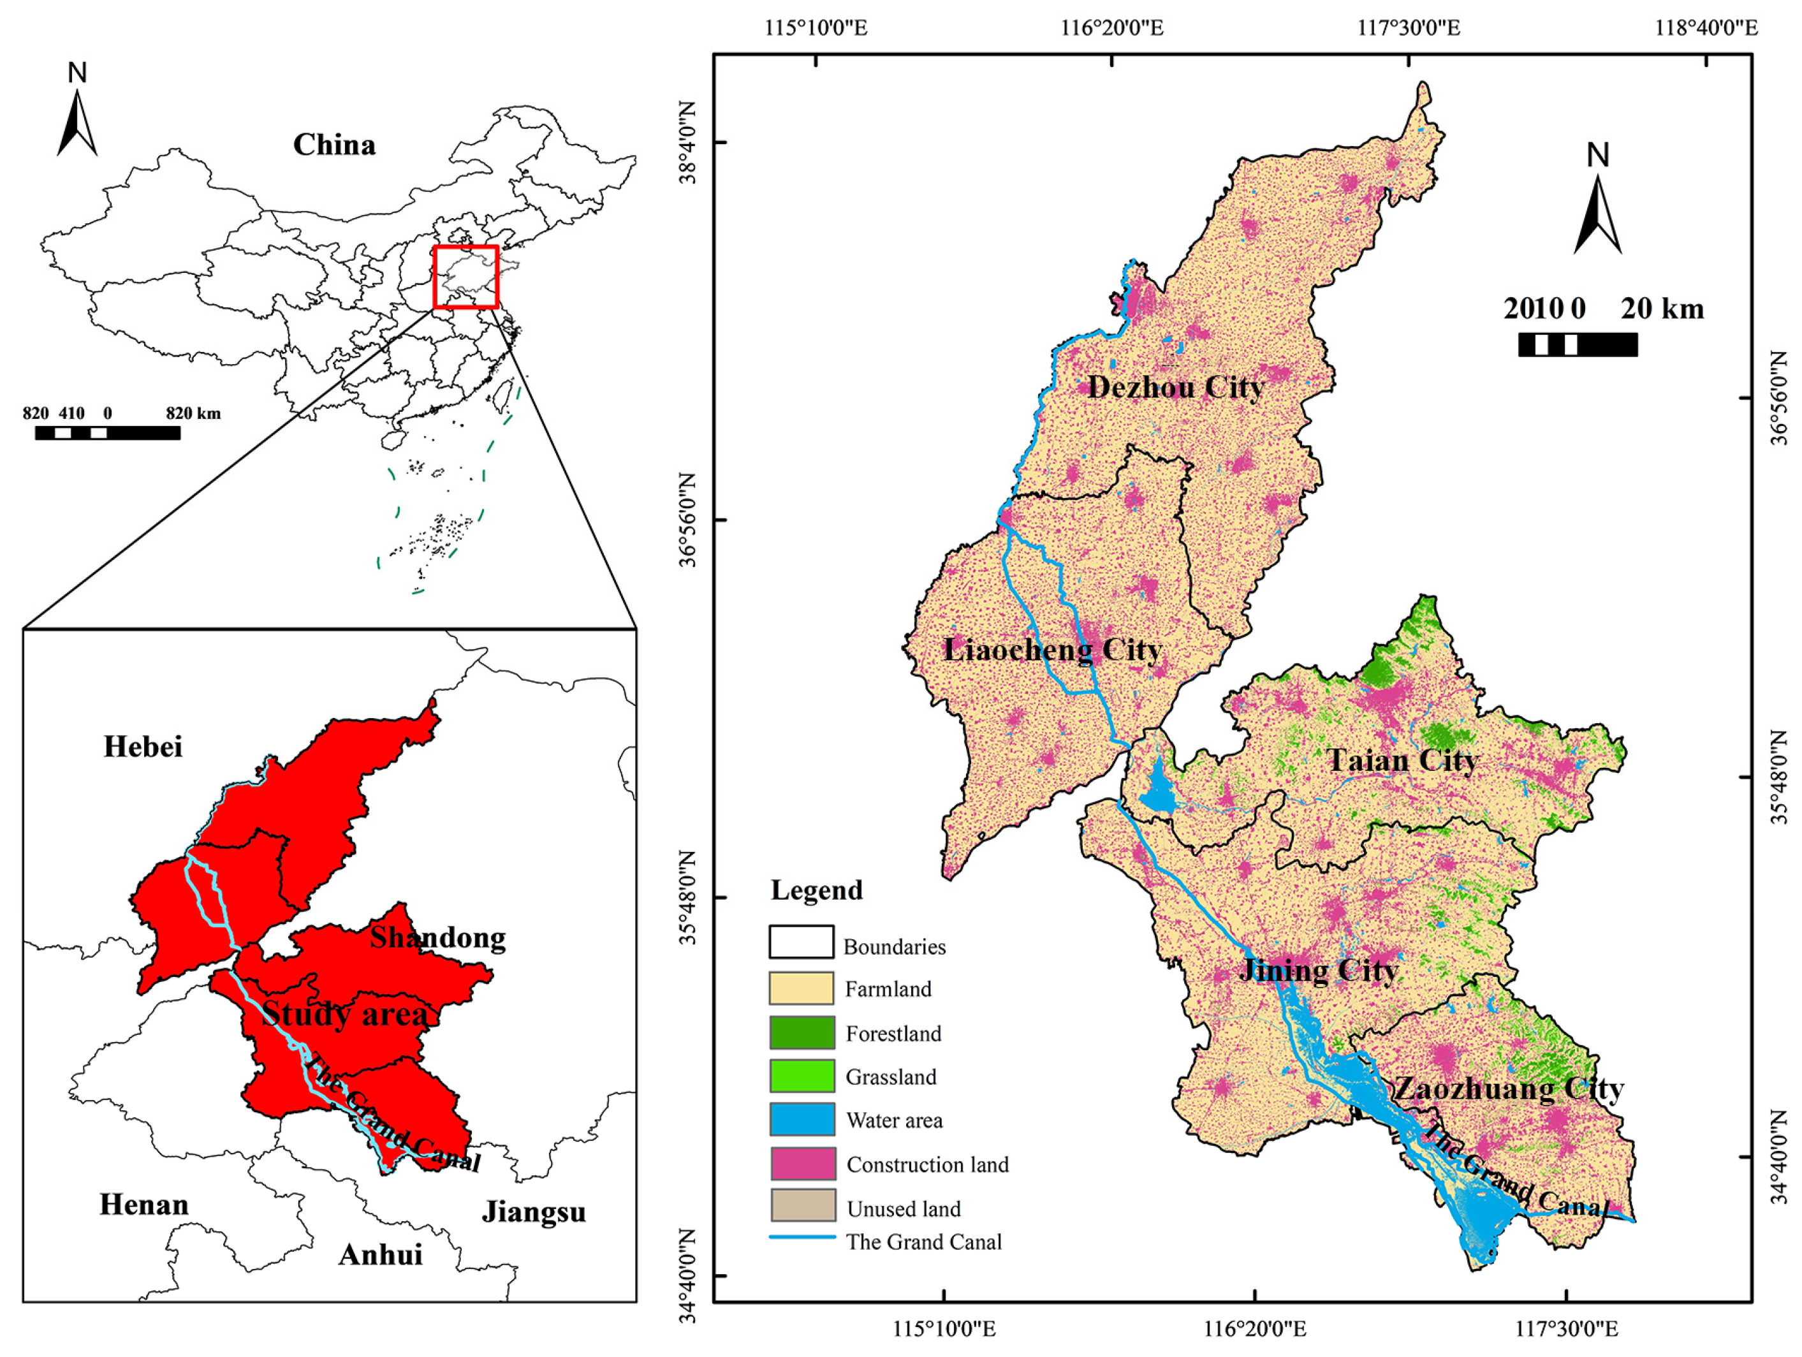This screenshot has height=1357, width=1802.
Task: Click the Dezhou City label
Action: [x=1176, y=387]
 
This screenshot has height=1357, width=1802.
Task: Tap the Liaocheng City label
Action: [x=1051, y=649]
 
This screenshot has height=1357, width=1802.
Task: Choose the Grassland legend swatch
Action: [x=802, y=1076]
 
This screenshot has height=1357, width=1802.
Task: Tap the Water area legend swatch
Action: [x=802, y=1120]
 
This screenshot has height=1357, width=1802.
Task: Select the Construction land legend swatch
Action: [x=802, y=1164]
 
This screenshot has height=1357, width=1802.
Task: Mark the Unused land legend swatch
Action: [x=802, y=1207]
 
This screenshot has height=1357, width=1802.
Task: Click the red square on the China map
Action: [x=465, y=277]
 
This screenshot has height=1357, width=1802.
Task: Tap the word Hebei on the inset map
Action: [x=143, y=746]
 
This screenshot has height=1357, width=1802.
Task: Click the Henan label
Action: [x=143, y=1205]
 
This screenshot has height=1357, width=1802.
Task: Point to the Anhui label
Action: [x=381, y=1255]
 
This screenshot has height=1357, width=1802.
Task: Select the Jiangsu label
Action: [x=534, y=1212]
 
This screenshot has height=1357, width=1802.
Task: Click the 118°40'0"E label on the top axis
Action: [x=1706, y=27]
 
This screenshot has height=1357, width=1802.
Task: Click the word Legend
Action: [x=816, y=890]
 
